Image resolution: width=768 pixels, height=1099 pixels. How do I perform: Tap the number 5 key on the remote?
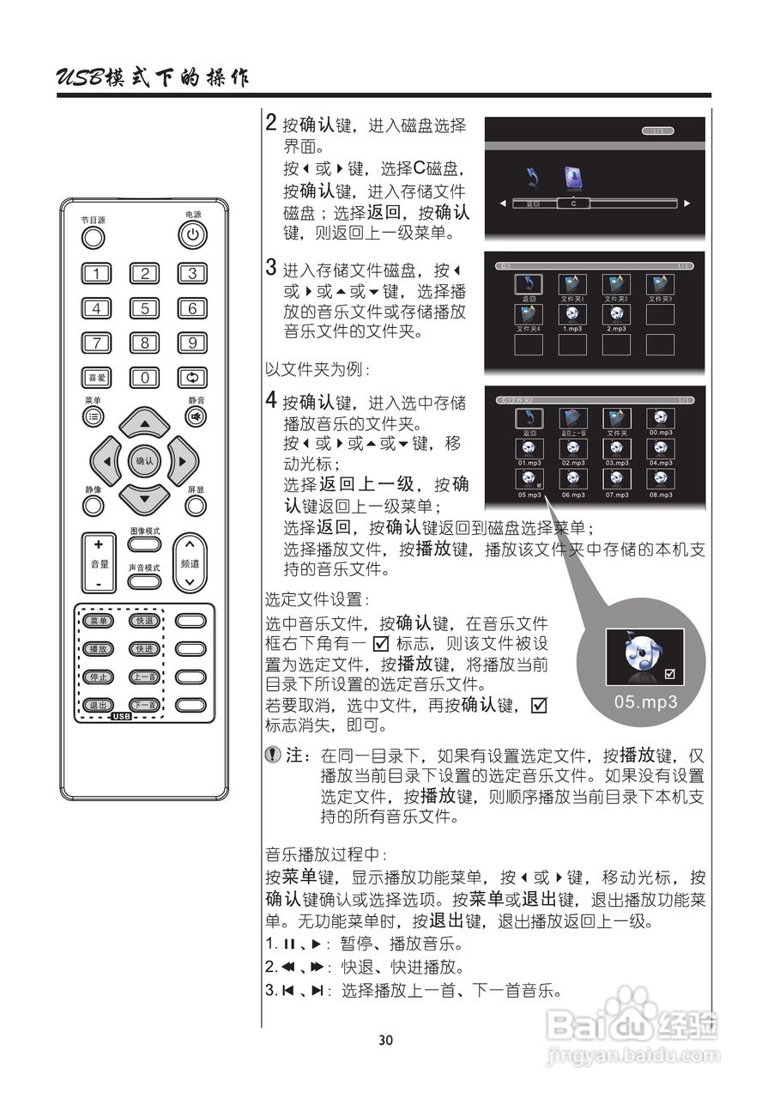click(x=145, y=308)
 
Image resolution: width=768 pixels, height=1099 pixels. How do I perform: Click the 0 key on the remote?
click(x=145, y=377)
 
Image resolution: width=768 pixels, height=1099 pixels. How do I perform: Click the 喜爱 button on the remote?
click(x=96, y=377)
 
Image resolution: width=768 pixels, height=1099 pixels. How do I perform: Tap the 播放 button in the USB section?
click(x=98, y=648)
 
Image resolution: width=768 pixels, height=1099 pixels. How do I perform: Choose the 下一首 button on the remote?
click(x=143, y=705)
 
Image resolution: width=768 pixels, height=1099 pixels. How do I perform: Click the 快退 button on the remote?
click(x=143, y=621)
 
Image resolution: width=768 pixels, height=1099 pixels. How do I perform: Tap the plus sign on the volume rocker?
click(x=99, y=544)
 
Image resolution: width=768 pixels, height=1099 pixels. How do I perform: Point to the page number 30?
click(x=385, y=1040)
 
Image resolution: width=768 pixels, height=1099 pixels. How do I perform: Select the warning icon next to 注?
click(x=273, y=756)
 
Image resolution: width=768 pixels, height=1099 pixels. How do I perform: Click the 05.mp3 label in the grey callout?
click(x=645, y=701)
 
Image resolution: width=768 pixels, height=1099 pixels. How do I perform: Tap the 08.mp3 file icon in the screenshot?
click(x=661, y=480)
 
